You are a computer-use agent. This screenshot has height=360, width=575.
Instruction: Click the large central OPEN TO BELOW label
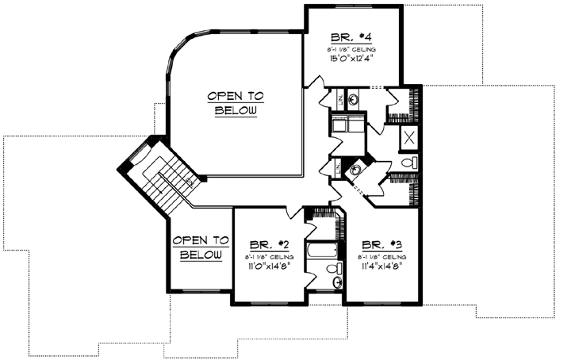[x=236, y=103]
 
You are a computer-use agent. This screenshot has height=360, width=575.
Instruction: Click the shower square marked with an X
[x=409, y=136]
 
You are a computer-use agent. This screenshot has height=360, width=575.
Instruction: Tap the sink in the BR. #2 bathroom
[x=337, y=282]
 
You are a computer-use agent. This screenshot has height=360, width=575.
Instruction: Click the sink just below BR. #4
[x=352, y=99]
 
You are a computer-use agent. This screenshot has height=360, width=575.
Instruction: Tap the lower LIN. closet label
[x=338, y=168]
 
